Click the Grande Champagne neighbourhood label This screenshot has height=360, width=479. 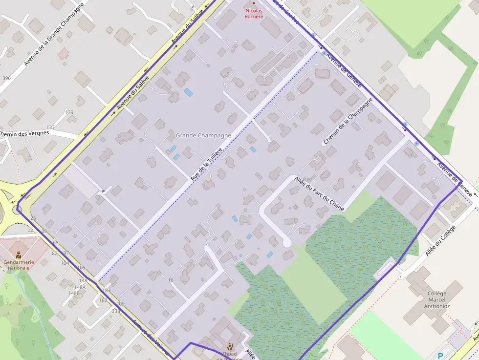click(203, 135)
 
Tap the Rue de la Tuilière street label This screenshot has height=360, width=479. click(206, 165)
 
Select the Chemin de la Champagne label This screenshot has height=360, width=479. click(348, 121)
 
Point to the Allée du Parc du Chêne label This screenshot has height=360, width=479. click(319, 194)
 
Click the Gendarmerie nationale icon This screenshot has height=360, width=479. click(19, 254)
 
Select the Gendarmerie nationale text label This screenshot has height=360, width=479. click(19, 265)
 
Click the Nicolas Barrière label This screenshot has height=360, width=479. click(254, 13)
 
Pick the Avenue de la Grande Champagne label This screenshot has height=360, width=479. click(54, 34)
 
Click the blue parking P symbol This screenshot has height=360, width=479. click(441, 356)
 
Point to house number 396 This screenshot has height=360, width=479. click(6, 78)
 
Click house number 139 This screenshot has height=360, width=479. click(69, 112)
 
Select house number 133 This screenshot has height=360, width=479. click(50, 127)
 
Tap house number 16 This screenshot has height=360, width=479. click(171, 280)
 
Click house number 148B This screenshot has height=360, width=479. click(74, 294)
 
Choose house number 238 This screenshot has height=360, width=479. click(116, 311)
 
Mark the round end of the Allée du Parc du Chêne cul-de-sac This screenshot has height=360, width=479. click(287, 243)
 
